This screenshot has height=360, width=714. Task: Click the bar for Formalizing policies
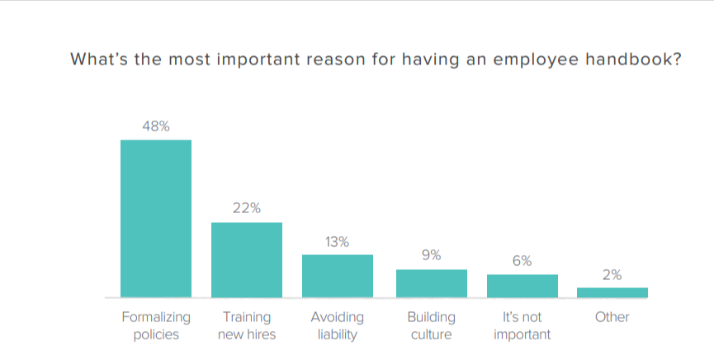(156, 218)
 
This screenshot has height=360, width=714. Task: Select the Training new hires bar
(247, 259)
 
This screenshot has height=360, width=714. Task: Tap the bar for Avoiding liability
(338, 276)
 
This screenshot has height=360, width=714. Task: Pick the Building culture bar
(431, 283)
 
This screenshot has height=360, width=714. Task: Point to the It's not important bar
(522, 286)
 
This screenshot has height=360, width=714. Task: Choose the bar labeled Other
(612, 292)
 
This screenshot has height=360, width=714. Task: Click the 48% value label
(155, 126)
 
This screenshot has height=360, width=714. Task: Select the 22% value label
(247, 209)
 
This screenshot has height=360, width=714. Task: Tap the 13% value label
(337, 242)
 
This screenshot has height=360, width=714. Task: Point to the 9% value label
(431, 256)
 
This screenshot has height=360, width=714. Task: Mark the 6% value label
(522, 261)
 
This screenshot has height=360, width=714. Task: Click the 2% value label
(612, 275)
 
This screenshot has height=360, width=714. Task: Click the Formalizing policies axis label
(156, 325)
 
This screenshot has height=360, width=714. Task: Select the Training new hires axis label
(247, 325)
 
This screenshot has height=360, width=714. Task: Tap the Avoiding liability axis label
(337, 325)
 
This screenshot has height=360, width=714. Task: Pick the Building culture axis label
(431, 325)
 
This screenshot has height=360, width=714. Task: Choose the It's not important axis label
(522, 325)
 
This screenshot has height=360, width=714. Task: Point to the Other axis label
(612, 317)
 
